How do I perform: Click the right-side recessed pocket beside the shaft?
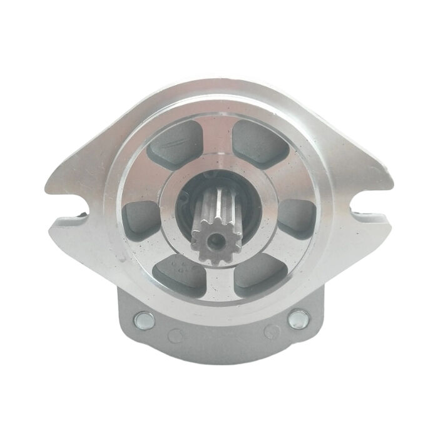point(295,216)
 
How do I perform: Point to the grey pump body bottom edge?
point(219,362)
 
